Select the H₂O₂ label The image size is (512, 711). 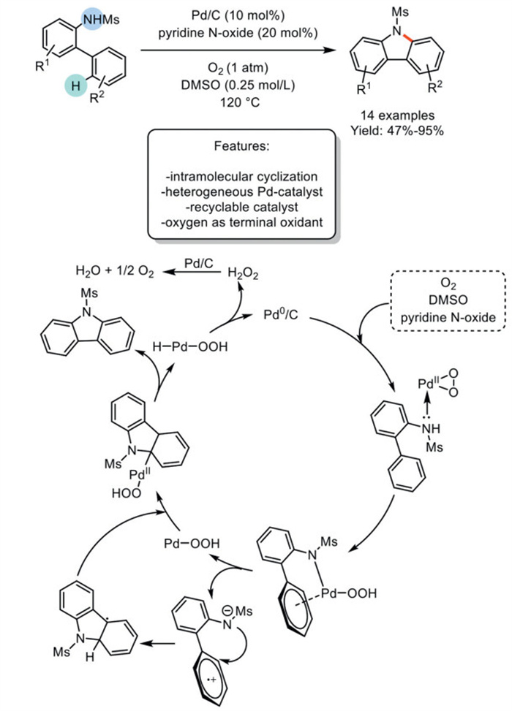[242, 272]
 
